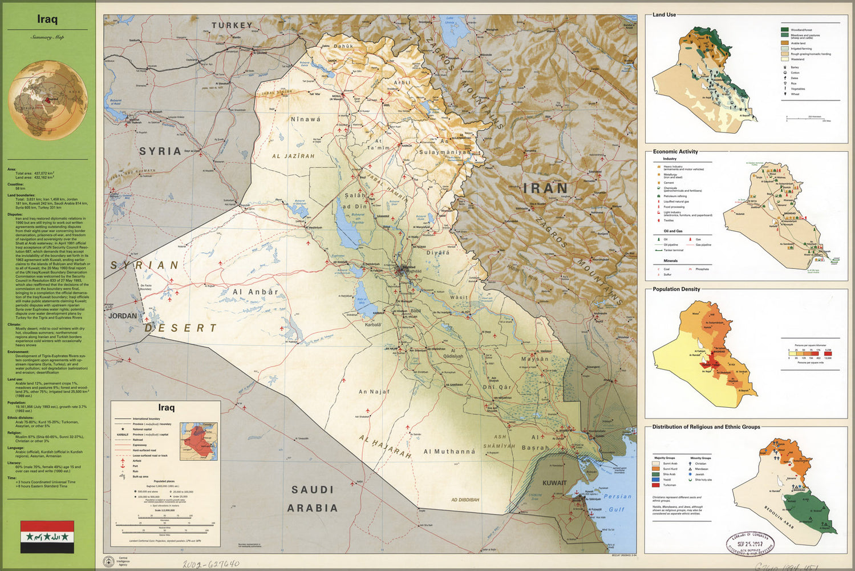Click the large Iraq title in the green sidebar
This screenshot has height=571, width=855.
pyautogui.click(x=47, y=19)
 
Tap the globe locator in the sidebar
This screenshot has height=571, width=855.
pyautogui.click(x=48, y=100)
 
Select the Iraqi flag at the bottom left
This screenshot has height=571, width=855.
pyautogui.click(x=47, y=537)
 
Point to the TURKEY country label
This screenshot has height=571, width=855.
pyautogui.click(x=232, y=25)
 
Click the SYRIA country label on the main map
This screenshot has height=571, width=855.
pyautogui.click(x=160, y=151)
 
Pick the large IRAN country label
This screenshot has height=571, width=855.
pyautogui.click(x=546, y=188)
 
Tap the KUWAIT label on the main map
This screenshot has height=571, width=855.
pyautogui.click(x=554, y=483)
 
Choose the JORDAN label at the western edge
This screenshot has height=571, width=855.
pyautogui.click(x=123, y=316)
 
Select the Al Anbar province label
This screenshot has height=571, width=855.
pyautogui.click(x=255, y=292)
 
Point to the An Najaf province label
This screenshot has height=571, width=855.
pyautogui.click(x=374, y=392)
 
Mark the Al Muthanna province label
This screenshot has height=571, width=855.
pyautogui.click(x=449, y=452)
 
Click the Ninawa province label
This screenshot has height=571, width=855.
pyautogui.click(x=306, y=120)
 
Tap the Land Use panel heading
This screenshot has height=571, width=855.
pyautogui.click(x=664, y=15)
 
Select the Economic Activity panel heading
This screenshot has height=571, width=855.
pyautogui.click(x=675, y=152)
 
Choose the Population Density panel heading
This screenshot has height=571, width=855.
pyautogui.click(x=676, y=289)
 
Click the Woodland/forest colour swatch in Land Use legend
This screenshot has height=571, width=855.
pyautogui.click(x=785, y=29)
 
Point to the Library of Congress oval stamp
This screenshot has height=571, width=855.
pyautogui.click(x=750, y=544)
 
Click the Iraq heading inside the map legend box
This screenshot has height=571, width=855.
pyautogui.click(x=167, y=408)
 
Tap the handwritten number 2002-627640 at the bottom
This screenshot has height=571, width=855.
pyautogui.click(x=211, y=564)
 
